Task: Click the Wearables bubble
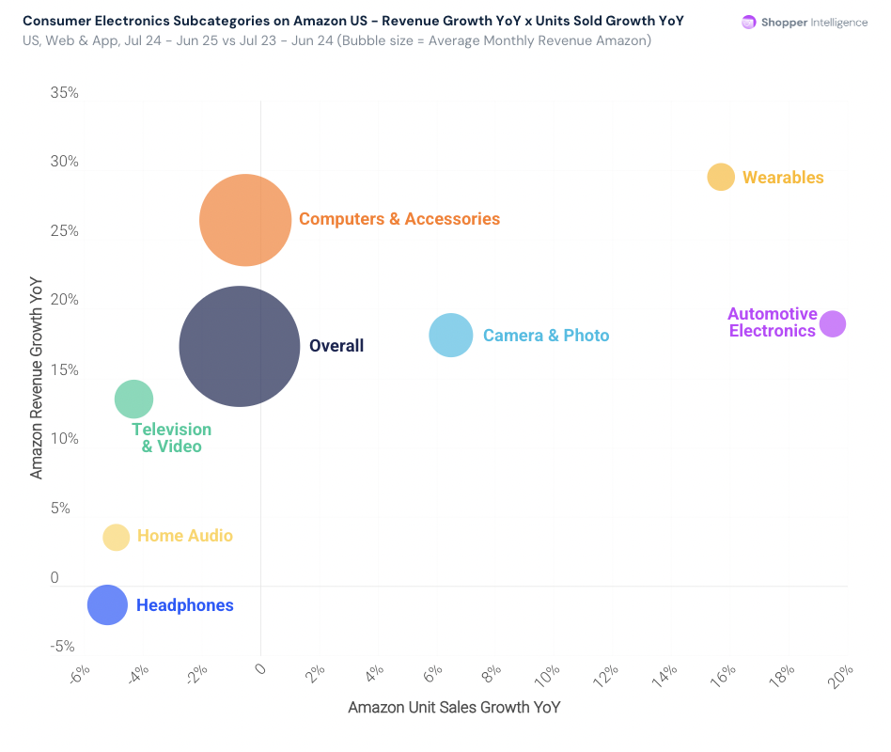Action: pos(721,177)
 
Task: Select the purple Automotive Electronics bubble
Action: pos(832,323)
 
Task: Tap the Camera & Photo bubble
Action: pos(451,336)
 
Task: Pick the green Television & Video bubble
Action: pos(133,399)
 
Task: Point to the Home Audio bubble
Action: pos(116,537)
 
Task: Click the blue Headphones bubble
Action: pos(107,604)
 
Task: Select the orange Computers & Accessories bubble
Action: pos(245,220)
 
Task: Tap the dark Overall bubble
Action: pos(240,346)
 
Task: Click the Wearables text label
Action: pos(783,178)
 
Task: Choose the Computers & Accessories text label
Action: pos(399,219)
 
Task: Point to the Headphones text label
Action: pos(185,605)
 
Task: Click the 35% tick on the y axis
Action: pos(65,93)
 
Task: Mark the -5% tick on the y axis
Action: pos(63,647)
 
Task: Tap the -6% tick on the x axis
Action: pos(79,676)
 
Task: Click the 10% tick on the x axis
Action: pos(548,676)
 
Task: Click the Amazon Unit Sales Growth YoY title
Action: pos(454,707)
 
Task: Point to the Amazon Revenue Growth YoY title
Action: pos(37,377)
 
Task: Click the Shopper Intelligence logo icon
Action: pos(749,23)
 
